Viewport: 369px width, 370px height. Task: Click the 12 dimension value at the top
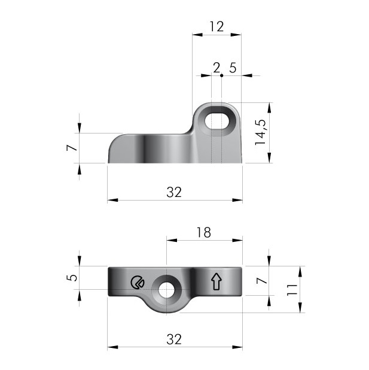pyautogui.click(x=216, y=26)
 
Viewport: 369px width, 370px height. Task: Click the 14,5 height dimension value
pyautogui.click(x=261, y=132)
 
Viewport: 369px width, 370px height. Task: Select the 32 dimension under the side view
pyautogui.click(x=174, y=192)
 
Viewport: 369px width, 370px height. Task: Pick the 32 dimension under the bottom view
pyautogui.click(x=174, y=339)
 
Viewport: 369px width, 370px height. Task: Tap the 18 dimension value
pyautogui.click(x=204, y=232)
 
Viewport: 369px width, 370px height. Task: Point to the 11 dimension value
pyautogui.click(x=292, y=290)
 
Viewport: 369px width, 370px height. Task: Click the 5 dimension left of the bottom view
pyautogui.click(x=72, y=278)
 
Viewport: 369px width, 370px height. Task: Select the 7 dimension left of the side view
pyautogui.click(x=72, y=148)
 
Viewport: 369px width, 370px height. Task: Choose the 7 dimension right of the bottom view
pyautogui.click(x=261, y=281)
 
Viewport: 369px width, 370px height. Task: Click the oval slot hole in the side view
pyautogui.click(x=216, y=120)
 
